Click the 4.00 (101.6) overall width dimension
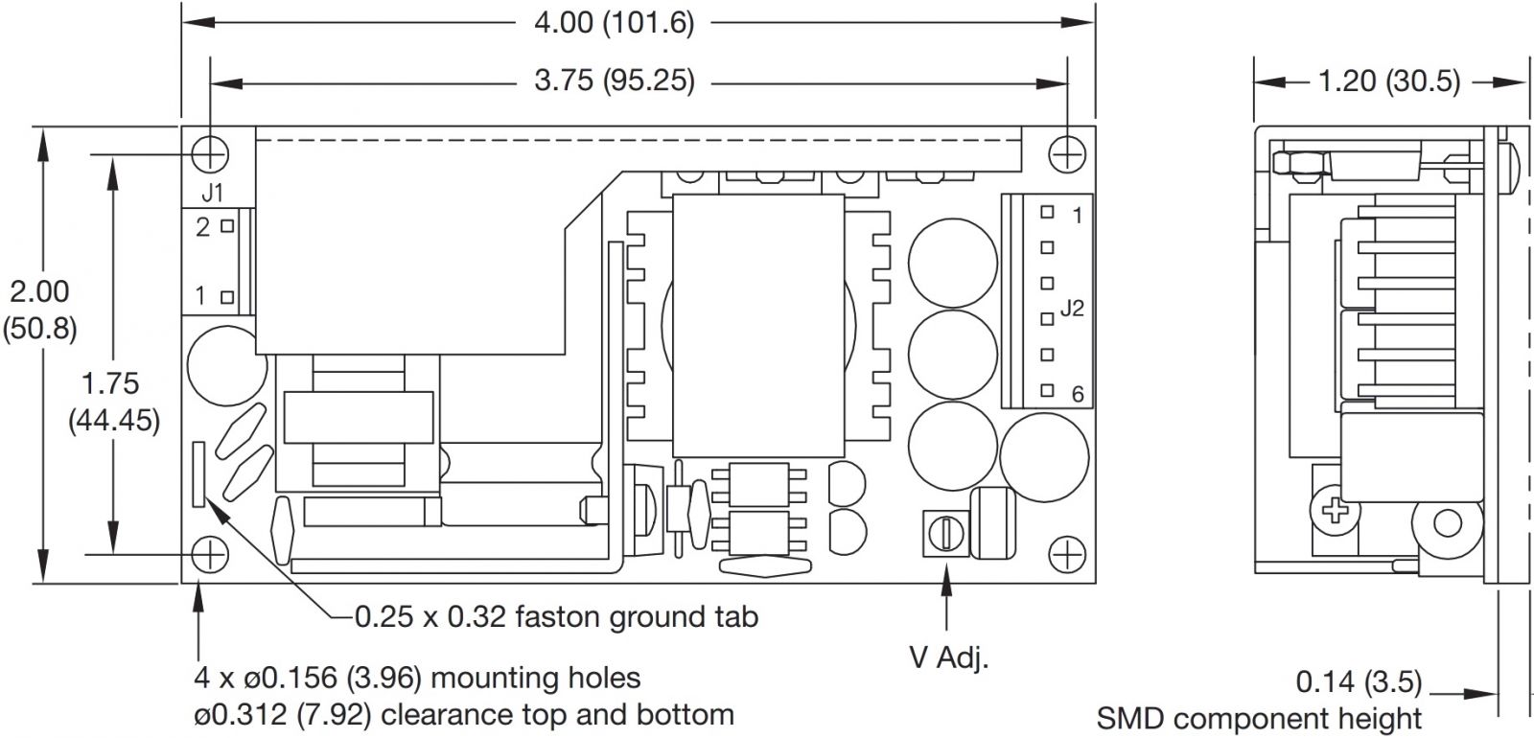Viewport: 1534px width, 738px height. coord(614,22)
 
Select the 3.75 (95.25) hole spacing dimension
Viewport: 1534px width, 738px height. coord(614,81)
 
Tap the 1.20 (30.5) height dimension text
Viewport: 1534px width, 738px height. coord(1388,81)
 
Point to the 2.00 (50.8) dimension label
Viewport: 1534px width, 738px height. coord(39,309)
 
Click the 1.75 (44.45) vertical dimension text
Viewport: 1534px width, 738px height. coord(113,401)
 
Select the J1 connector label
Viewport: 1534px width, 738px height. coord(213,193)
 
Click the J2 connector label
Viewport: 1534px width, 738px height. coord(1071,309)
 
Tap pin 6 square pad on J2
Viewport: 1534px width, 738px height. coord(1048,390)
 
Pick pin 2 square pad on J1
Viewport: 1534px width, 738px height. coord(227,227)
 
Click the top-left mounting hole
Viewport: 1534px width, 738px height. coord(210,151)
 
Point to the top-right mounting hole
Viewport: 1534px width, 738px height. coord(1066,152)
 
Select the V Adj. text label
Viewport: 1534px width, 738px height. coord(947,657)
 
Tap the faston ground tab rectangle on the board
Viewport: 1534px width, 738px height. coord(199,473)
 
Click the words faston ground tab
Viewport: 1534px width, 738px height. coord(637,615)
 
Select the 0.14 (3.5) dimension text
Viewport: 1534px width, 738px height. coord(1358,681)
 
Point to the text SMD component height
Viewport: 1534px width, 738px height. coord(1259,718)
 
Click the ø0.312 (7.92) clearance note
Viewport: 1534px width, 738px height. coord(463,714)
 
